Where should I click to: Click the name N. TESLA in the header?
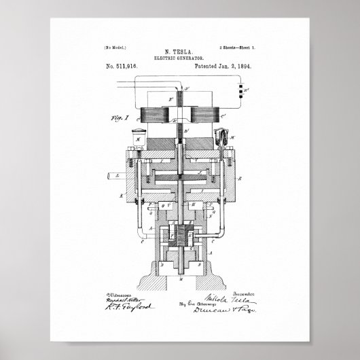(180, 51)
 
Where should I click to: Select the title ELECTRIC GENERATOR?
(180, 58)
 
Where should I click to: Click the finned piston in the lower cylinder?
(181, 236)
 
